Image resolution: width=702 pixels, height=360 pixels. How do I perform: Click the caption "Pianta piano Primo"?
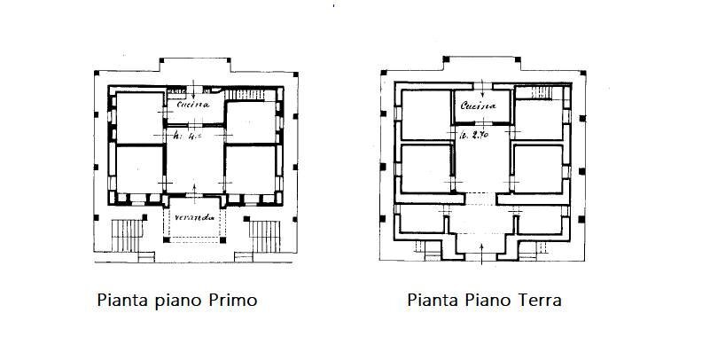[176, 301]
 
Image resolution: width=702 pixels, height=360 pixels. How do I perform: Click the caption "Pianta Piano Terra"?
[484, 301]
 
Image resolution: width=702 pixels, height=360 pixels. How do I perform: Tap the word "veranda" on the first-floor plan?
[193, 219]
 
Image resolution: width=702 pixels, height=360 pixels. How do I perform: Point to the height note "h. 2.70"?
[475, 136]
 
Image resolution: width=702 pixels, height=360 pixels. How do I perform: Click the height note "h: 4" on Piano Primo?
[185, 136]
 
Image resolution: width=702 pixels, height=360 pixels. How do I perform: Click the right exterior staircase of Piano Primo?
[264, 237]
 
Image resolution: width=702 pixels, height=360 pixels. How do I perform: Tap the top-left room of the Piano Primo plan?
[136, 114]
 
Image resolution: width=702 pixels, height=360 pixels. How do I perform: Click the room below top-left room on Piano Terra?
[425, 168]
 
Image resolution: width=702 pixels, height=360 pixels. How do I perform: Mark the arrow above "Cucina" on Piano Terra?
[479, 88]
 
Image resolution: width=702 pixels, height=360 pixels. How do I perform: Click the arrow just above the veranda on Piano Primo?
[194, 189]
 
